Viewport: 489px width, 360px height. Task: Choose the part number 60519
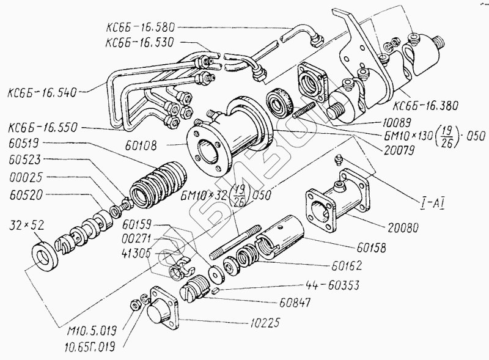click(x=24, y=146)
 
